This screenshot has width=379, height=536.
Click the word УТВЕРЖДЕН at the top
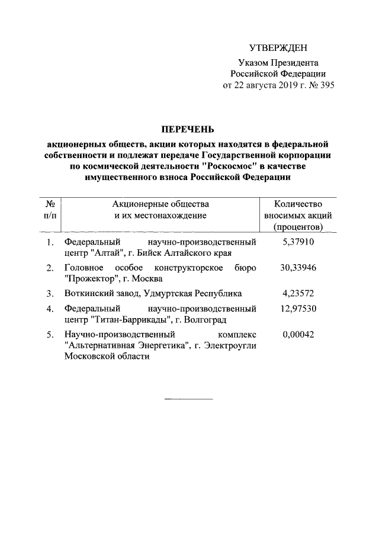pos(278,47)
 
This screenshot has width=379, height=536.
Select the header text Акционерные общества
pos(160,204)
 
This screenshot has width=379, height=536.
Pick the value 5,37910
pos(298,242)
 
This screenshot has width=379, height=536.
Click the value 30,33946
pos(298,268)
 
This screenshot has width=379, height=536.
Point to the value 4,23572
pos(298,293)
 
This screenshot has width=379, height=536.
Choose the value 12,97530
pos(298,309)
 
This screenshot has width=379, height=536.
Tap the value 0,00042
pos(298,334)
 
